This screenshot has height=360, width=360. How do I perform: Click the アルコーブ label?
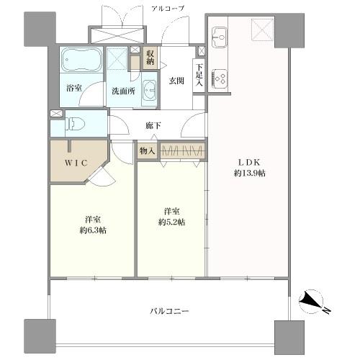point(168,7)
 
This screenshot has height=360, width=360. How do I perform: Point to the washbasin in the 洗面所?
point(148,91)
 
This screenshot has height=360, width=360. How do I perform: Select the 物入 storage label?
point(147,151)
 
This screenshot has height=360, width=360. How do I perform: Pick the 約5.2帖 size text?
point(170,222)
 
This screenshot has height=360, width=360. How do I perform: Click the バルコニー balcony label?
point(170,311)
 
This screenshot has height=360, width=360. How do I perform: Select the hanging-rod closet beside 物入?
point(181,151)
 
